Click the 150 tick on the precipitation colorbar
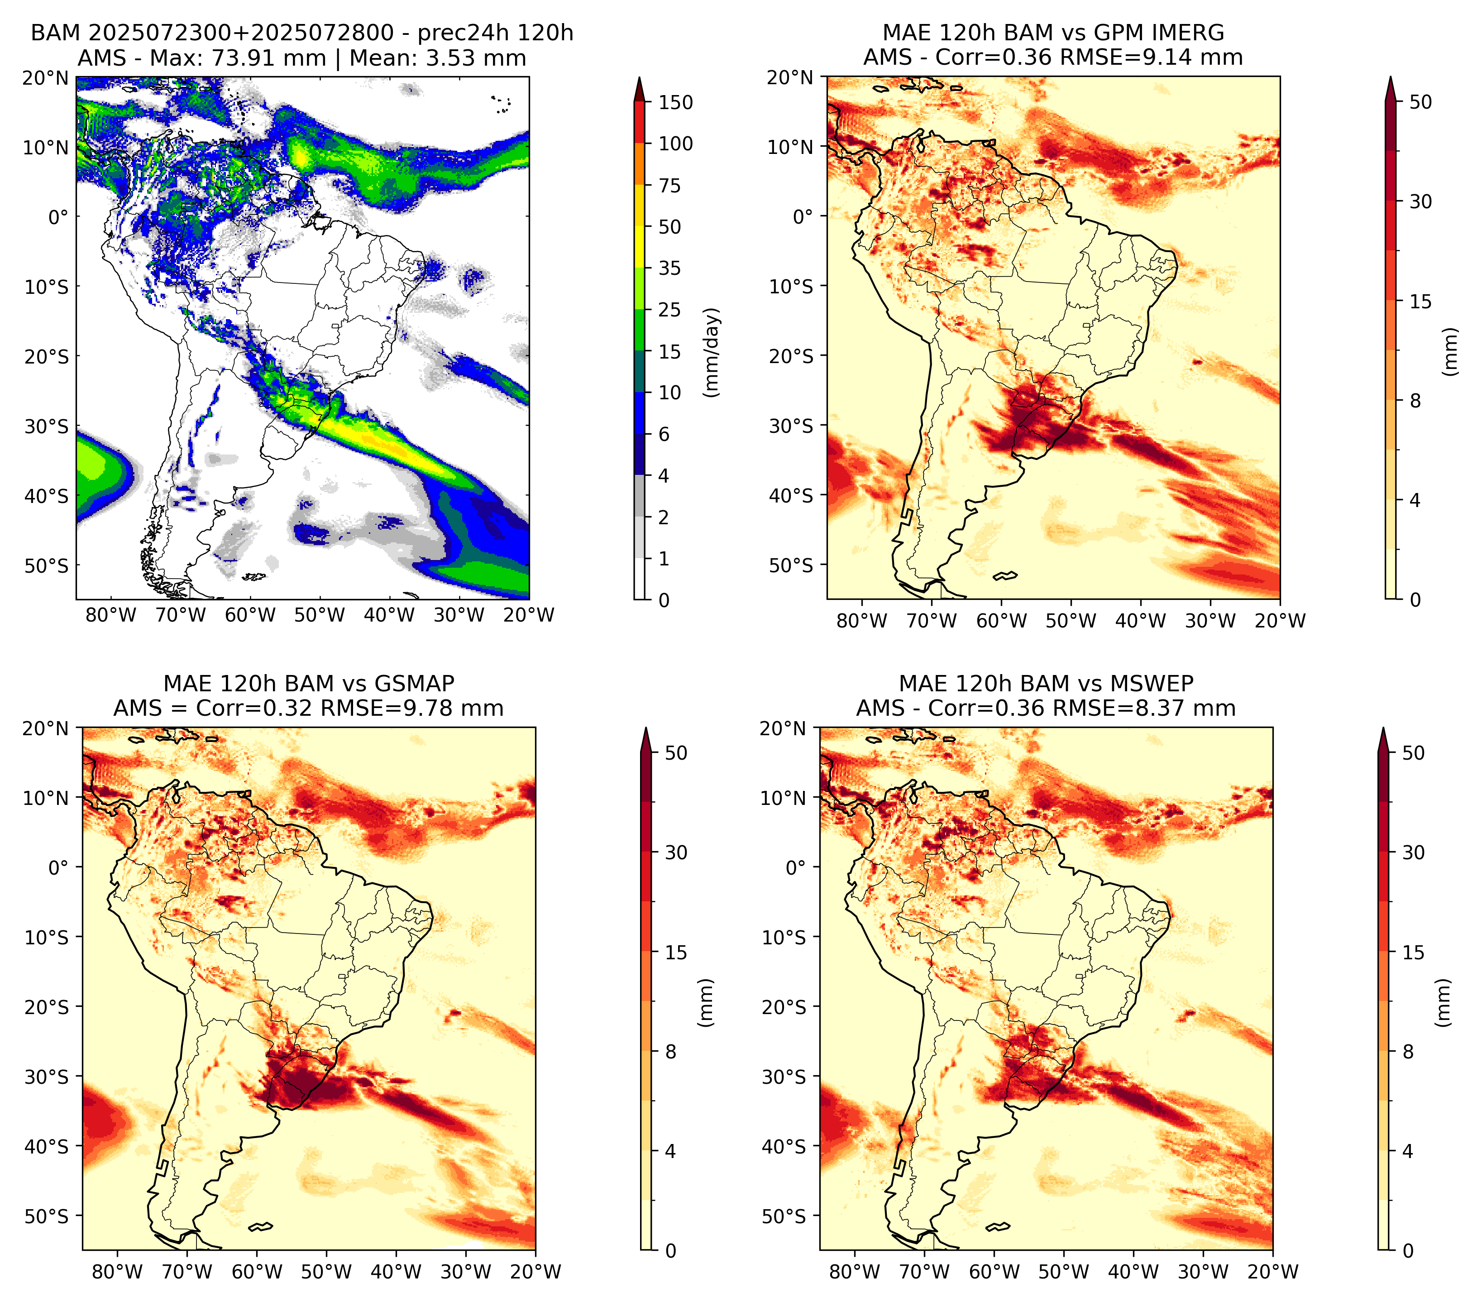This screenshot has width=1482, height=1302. [675, 102]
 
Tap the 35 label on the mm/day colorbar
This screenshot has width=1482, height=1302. [669, 268]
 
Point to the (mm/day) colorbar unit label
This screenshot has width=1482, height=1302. [713, 352]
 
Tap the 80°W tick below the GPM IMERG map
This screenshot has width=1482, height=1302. [861, 621]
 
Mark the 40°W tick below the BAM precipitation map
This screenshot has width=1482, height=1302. [389, 616]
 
